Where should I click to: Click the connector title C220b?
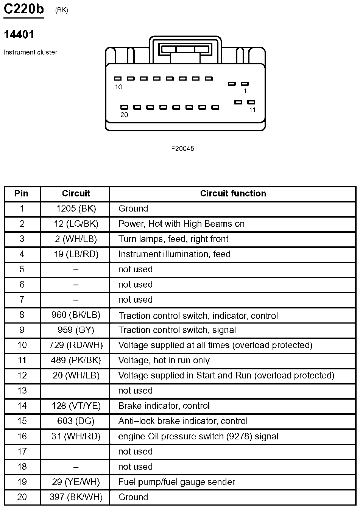coord(23,9)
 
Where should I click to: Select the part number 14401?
coord(19,35)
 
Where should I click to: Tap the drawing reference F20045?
coord(182,149)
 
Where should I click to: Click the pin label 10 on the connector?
coord(118,87)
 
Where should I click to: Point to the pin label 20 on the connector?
coord(124,115)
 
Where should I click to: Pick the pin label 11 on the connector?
coord(252,110)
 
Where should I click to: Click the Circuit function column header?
coord(233,193)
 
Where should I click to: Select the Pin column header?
coord(22,193)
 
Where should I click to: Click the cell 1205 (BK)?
coord(76,209)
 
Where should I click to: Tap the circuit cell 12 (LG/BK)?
coord(76,224)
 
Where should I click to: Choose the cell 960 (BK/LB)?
coord(76,315)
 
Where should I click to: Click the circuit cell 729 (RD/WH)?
coord(76,345)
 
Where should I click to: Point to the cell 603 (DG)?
coord(76,421)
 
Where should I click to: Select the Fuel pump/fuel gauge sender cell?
coord(177,482)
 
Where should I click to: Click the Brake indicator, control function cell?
coord(164,406)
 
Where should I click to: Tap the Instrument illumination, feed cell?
coord(174,254)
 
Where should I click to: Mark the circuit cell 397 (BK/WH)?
coord(76,497)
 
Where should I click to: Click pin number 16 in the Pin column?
coord(22,436)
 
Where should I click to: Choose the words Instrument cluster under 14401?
coord(30,52)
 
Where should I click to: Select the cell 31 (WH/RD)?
coord(76,436)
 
